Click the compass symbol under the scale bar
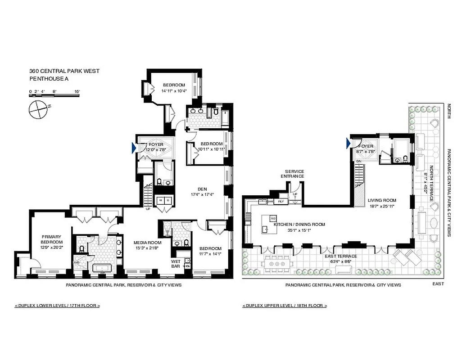click(x=38, y=109)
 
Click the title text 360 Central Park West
click(x=64, y=71)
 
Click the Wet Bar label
click(x=175, y=263)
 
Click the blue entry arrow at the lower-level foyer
click(x=134, y=148)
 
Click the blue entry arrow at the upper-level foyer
click(x=348, y=143)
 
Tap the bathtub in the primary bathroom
click(x=102, y=269)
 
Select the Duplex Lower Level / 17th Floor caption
click(x=57, y=306)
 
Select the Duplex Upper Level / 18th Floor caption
click(x=285, y=306)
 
